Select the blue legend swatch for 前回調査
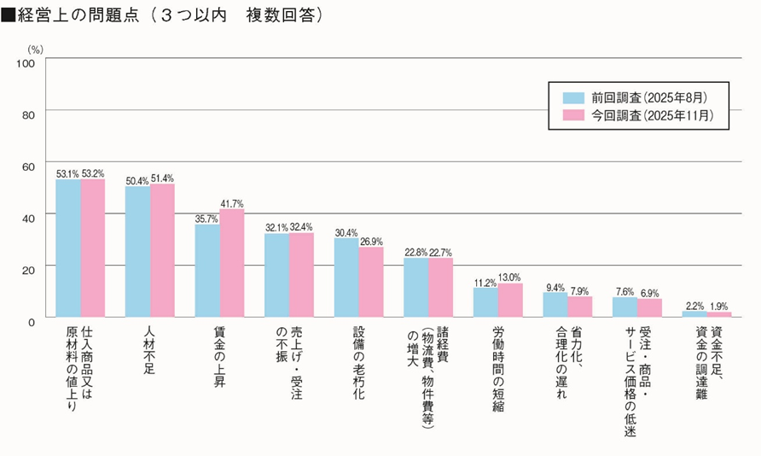tap(572, 97)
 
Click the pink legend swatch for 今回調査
tap(572, 115)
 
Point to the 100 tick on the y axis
tap(25, 62)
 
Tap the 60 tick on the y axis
tap(27, 166)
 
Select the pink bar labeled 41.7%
tap(232, 264)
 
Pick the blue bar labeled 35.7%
tap(207, 272)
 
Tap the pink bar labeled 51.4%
tap(162, 251)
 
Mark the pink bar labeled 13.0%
tap(510, 301)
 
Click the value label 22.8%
tap(415, 252)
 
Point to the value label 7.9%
tap(580, 289)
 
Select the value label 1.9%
tap(719, 306)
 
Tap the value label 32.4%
tap(301, 227)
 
